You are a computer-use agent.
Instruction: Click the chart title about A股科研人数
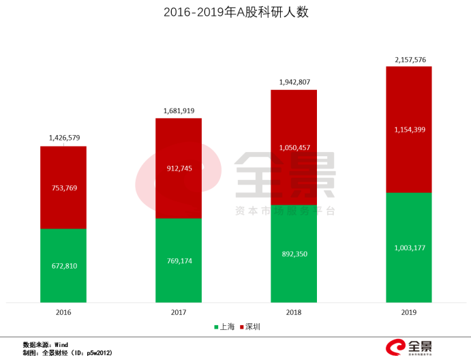(x=236, y=13)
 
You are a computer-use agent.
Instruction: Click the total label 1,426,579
(x=64, y=138)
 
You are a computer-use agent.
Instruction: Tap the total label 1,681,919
(x=179, y=110)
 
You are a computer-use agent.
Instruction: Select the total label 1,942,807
(x=294, y=82)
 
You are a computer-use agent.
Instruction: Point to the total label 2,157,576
(x=410, y=60)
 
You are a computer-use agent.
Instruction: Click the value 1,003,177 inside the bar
(x=410, y=247)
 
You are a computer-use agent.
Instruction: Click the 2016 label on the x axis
(x=63, y=312)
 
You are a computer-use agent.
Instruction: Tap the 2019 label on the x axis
(x=409, y=312)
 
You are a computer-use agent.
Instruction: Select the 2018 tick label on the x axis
(x=294, y=312)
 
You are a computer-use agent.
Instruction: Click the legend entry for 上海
(x=224, y=327)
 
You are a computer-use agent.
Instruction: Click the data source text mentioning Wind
(x=45, y=344)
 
